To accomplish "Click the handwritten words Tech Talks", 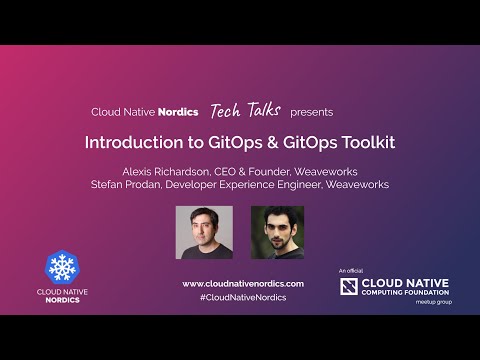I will [246, 110].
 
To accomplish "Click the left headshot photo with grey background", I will [204, 233].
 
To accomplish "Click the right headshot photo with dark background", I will [275, 233].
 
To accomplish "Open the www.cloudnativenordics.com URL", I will [239, 283].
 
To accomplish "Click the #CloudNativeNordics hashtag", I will [239, 298].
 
